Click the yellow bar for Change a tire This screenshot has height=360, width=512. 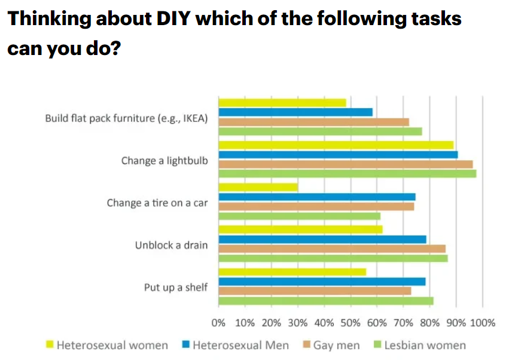coord(258,187)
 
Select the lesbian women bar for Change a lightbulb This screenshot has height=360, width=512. coord(347,173)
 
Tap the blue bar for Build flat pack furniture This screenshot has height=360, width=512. coord(295,112)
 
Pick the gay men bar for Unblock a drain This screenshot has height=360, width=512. coord(332,248)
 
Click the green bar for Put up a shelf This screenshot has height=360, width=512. coord(326,301)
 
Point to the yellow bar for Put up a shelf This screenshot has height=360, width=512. coord(292,272)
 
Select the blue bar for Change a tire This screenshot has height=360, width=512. coord(317,197)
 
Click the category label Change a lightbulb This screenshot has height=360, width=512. coord(164,160)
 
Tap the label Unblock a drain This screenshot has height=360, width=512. coord(171,245)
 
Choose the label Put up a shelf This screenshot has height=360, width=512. coord(176,287)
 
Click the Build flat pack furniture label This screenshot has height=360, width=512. coord(126,118)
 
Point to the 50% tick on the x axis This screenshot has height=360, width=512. coord(350,324)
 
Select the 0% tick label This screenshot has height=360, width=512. coord(218,324)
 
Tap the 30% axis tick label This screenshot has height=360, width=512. coord(297,324)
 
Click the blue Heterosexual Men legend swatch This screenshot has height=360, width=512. coord(186,344)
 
